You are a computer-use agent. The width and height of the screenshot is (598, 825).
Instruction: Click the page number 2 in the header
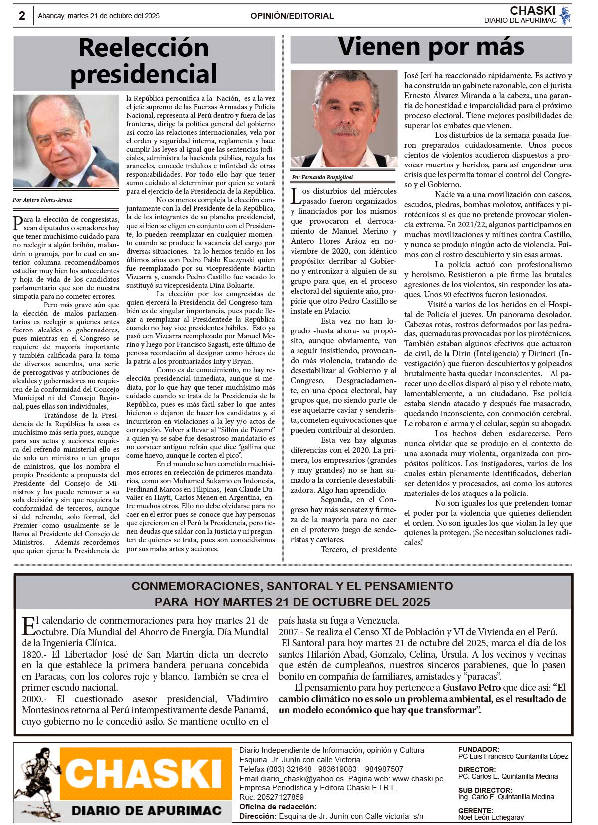(22, 16)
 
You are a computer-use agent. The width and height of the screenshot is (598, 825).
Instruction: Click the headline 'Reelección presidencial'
(144, 61)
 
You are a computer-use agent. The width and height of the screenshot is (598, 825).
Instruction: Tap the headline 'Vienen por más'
(431, 47)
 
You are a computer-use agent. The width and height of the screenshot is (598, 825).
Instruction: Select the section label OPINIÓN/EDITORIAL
(292, 16)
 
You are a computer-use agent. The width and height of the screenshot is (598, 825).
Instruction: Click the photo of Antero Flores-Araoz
(66, 142)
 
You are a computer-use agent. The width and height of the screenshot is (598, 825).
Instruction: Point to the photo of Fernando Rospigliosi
(344, 119)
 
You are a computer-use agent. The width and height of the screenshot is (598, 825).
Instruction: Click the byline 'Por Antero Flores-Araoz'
(43, 200)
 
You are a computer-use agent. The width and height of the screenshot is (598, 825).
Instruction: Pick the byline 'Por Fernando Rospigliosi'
(322, 177)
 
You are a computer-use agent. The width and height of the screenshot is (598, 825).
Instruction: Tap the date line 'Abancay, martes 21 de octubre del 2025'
(99, 16)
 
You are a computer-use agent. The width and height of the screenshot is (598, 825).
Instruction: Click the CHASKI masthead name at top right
(532, 11)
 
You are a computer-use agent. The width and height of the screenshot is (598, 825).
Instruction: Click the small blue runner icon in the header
(565, 15)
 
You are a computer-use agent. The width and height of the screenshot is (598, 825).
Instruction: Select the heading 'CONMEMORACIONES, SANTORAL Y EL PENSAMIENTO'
(293, 586)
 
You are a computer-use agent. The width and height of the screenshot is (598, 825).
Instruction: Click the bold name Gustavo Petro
(471, 688)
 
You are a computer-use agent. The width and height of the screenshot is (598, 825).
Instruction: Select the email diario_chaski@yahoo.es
(301, 779)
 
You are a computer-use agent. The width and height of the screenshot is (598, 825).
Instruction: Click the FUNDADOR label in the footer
(478, 749)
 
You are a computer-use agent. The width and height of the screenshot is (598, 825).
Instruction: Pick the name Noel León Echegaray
(491, 817)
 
